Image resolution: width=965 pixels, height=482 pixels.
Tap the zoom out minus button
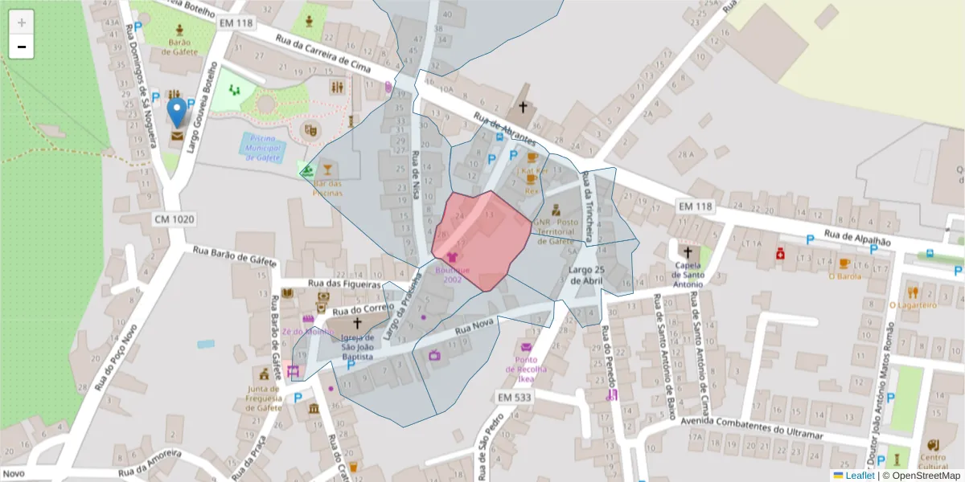click(x=22, y=47)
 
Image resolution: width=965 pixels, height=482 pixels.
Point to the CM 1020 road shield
click(x=175, y=219)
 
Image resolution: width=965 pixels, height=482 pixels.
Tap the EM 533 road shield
click(x=515, y=398)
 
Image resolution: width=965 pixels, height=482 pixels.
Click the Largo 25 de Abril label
click(x=586, y=275)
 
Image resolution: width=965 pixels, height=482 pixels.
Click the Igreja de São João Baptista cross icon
click(x=357, y=323)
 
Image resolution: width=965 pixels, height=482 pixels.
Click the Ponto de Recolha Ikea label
click(x=526, y=369)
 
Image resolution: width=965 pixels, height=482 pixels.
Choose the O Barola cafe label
click(x=844, y=276)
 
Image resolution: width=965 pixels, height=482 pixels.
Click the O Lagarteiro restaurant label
click(x=913, y=304)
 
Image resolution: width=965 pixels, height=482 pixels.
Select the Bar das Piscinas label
click(x=327, y=188)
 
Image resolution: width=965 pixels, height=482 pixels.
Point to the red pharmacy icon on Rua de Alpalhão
click(x=779, y=254)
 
